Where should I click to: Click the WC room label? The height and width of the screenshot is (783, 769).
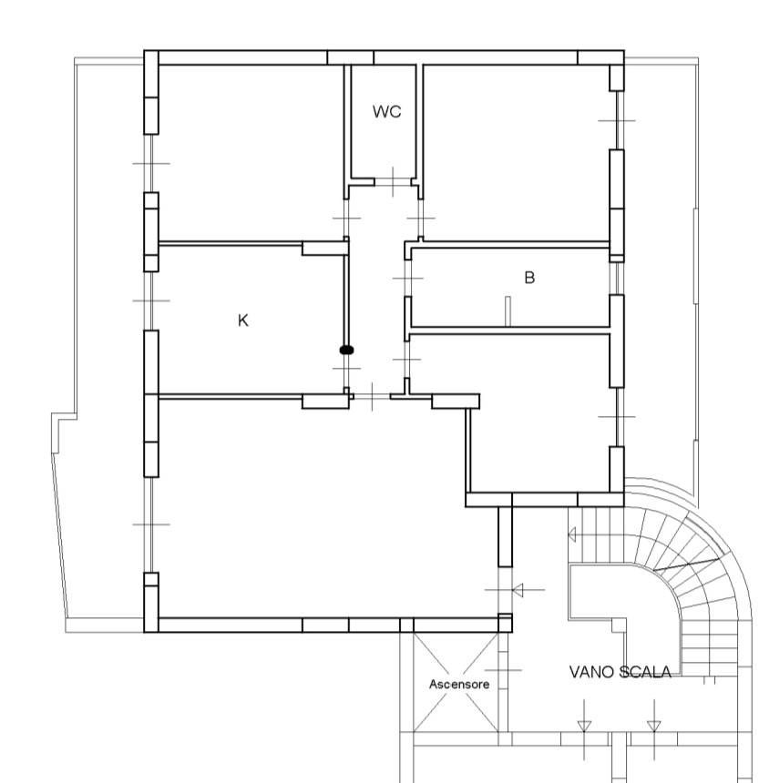pyautogui.click(x=386, y=111)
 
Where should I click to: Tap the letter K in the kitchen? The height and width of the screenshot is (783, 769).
pyautogui.click(x=243, y=320)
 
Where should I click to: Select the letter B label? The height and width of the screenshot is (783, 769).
pyautogui.click(x=529, y=277)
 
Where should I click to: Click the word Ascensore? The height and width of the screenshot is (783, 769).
pyautogui.click(x=459, y=684)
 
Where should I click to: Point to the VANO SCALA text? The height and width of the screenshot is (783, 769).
pyautogui.click(x=620, y=672)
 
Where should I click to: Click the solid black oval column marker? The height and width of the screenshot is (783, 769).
pyautogui.click(x=346, y=350)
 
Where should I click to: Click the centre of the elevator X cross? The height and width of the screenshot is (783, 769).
pyautogui.click(x=456, y=683)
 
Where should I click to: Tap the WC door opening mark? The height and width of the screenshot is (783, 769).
pyautogui.click(x=394, y=182)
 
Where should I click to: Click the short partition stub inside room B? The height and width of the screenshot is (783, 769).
pyautogui.click(x=508, y=311)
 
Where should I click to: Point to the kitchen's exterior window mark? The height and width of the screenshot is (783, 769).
pyautogui.click(x=151, y=300)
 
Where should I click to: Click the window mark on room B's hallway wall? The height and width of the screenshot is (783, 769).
pyautogui.click(x=408, y=278)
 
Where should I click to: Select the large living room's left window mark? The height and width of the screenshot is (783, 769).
pyautogui.click(x=151, y=524)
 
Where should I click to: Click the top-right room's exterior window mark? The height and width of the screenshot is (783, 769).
pyautogui.click(x=617, y=120)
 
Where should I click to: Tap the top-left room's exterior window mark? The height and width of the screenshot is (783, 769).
pyautogui.click(x=151, y=163)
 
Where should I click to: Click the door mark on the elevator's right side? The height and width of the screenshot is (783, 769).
pyautogui.click(x=503, y=670)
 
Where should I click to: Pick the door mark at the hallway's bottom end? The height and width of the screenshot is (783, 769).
pyautogui.click(x=373, y=397)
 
